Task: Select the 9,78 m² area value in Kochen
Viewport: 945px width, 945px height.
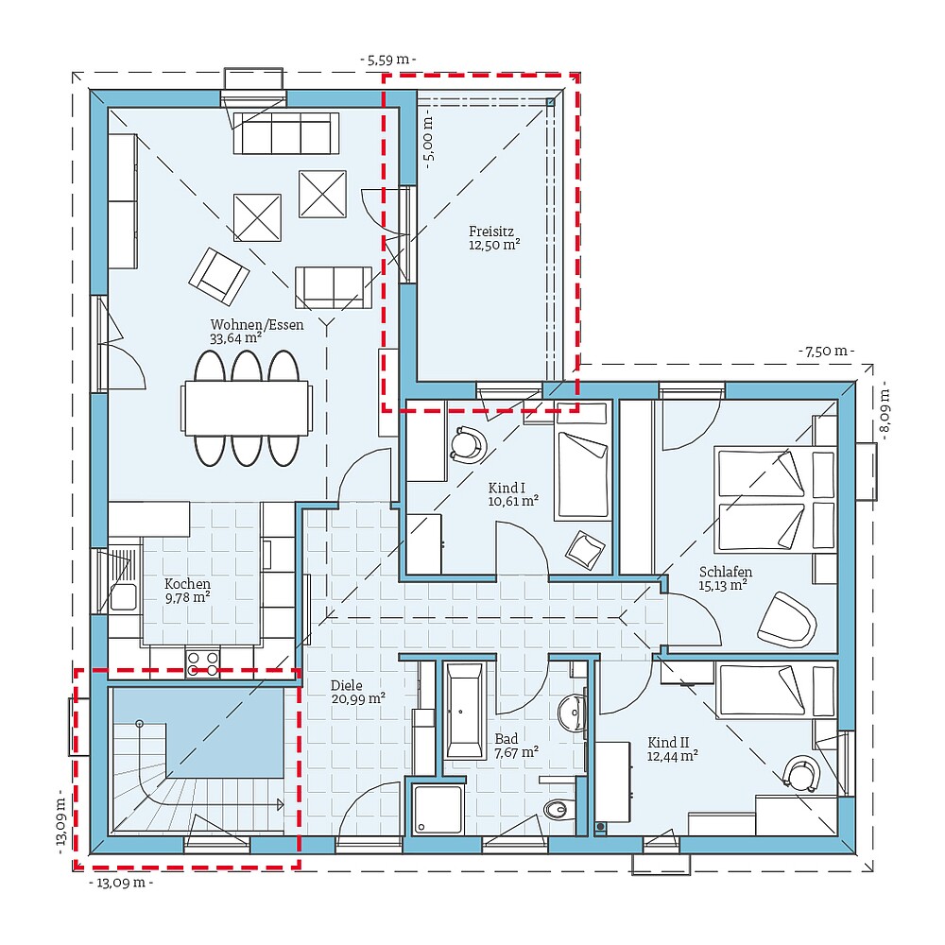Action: pos(187,596)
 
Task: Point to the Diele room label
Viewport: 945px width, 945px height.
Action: pos(346,686)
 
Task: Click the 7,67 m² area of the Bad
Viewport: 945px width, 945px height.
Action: pos(516,752)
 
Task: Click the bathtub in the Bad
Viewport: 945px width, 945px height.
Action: pos(464,712)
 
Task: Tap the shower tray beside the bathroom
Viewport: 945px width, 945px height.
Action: pos(438,808)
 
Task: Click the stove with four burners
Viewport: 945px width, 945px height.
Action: pos(202,663)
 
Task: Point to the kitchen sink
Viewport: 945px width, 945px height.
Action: pos(122,596)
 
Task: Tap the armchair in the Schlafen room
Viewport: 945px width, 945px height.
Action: pos(786,620)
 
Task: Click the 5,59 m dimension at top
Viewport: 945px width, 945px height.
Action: pos(388,60)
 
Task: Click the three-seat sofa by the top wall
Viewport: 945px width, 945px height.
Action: pos(285,133)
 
